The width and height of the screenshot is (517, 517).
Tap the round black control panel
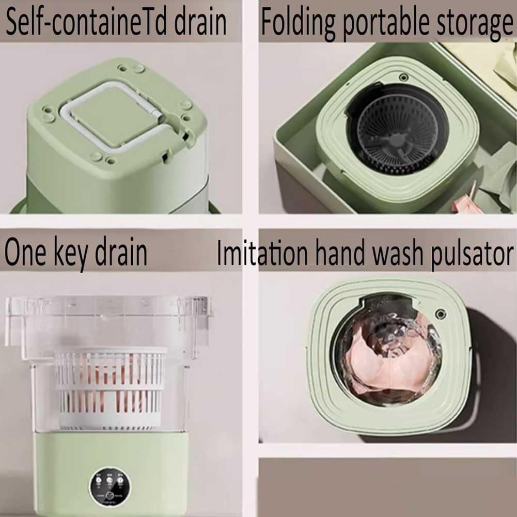coord(109,488)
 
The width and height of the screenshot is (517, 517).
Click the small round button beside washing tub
coord(440,314)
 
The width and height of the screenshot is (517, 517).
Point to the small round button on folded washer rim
coord(404,77)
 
